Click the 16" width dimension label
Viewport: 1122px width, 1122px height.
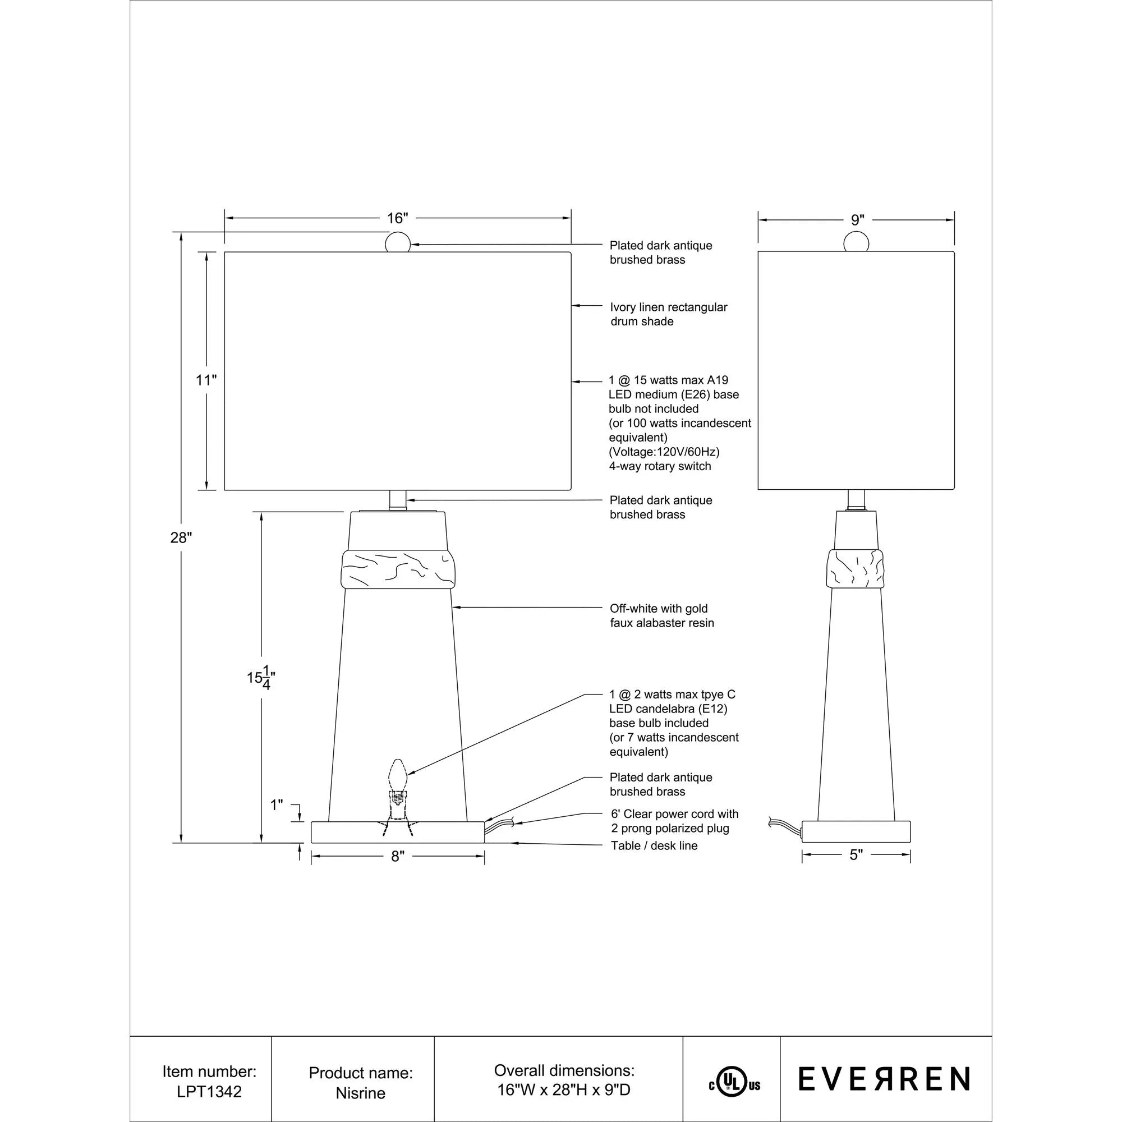point(397,218)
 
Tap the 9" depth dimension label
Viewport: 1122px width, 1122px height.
point(857,220)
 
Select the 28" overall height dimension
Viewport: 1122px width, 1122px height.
point(181,538)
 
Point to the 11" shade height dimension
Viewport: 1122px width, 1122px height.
point(205,380)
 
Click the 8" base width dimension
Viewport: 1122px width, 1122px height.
point(397,857)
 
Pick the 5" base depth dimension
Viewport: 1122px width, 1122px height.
point(856,855)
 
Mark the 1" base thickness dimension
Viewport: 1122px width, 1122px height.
point(277,805)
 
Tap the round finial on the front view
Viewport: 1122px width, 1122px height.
point(398,242)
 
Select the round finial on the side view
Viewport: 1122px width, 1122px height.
point(857,242)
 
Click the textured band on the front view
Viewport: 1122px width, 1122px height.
point(398,568)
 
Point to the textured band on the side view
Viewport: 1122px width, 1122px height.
point(856,567)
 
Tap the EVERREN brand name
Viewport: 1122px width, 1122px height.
point(884,1079)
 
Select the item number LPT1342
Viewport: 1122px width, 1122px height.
point(209,1092)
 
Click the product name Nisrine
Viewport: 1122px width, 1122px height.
point(360,1093)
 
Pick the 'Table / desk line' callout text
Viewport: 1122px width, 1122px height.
point(654,845)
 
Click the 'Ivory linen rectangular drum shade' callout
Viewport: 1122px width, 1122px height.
point(668,314)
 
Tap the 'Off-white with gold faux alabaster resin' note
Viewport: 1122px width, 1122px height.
point(661,615)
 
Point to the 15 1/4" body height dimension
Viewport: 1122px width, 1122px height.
point(261,678)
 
